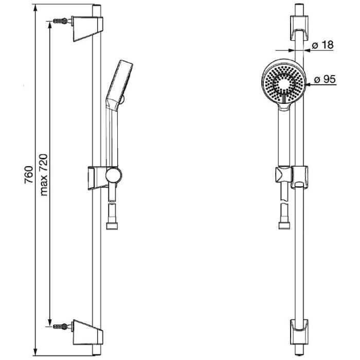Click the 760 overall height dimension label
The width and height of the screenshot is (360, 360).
click(29, 175)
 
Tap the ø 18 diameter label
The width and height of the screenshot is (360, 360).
click(323, 45)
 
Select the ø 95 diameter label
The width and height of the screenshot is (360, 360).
click(324, 80)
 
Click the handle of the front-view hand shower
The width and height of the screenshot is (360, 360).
click(283, 134)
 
